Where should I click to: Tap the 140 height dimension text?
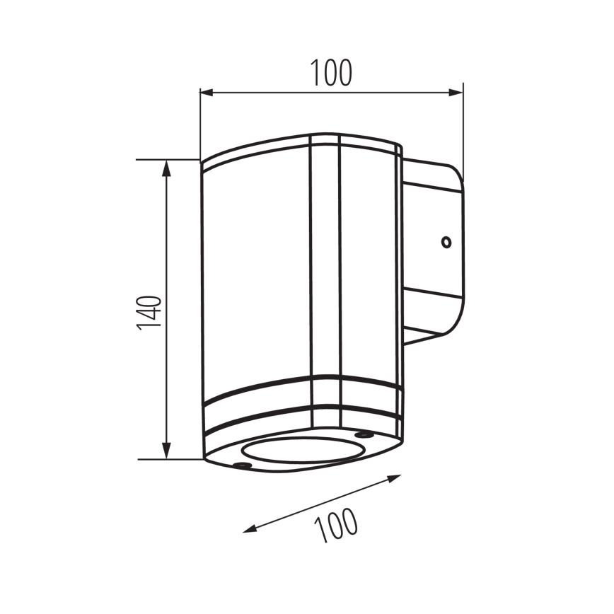[150, 312]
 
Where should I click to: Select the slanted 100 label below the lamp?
[337, 525]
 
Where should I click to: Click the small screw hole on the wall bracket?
[446, 243]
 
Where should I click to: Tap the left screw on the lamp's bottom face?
[242, 465]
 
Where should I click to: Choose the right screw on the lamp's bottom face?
[364, 434]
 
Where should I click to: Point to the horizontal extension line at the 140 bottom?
[170, 459]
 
